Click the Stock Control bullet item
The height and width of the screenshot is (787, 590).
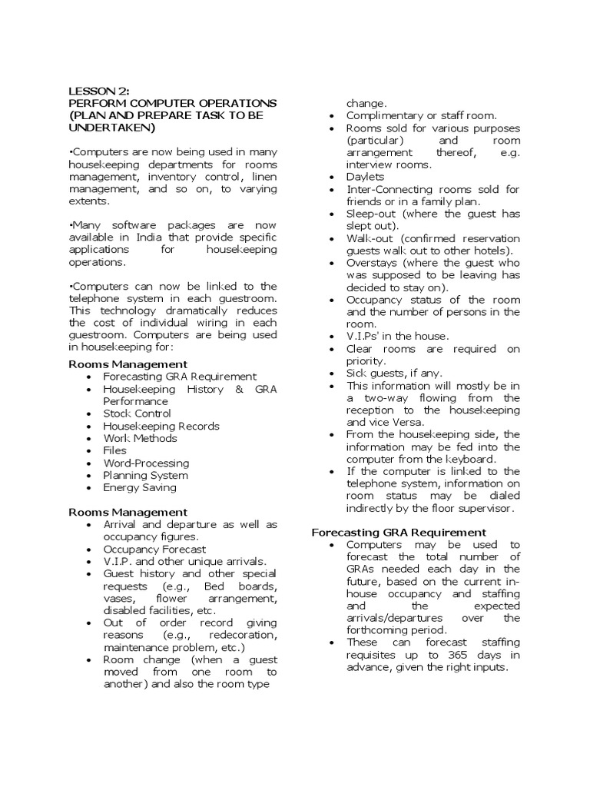(x=138, y=413)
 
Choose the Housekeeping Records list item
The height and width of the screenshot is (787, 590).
(x=161, y=426)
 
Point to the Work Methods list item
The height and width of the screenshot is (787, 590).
(x=140, y=438)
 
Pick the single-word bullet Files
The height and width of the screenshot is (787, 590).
(x=115, y=450)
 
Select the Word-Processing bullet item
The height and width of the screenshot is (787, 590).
(x=146, y=463)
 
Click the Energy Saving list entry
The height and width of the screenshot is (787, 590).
(x=140, y=487)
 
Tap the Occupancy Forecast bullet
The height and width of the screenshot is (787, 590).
(x=154, y=550)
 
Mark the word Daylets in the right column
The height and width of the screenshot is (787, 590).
(x=365, y=177)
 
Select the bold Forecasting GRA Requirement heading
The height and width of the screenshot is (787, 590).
(x=398, y=532)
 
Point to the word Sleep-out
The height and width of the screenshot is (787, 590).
(x=372, y=214)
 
